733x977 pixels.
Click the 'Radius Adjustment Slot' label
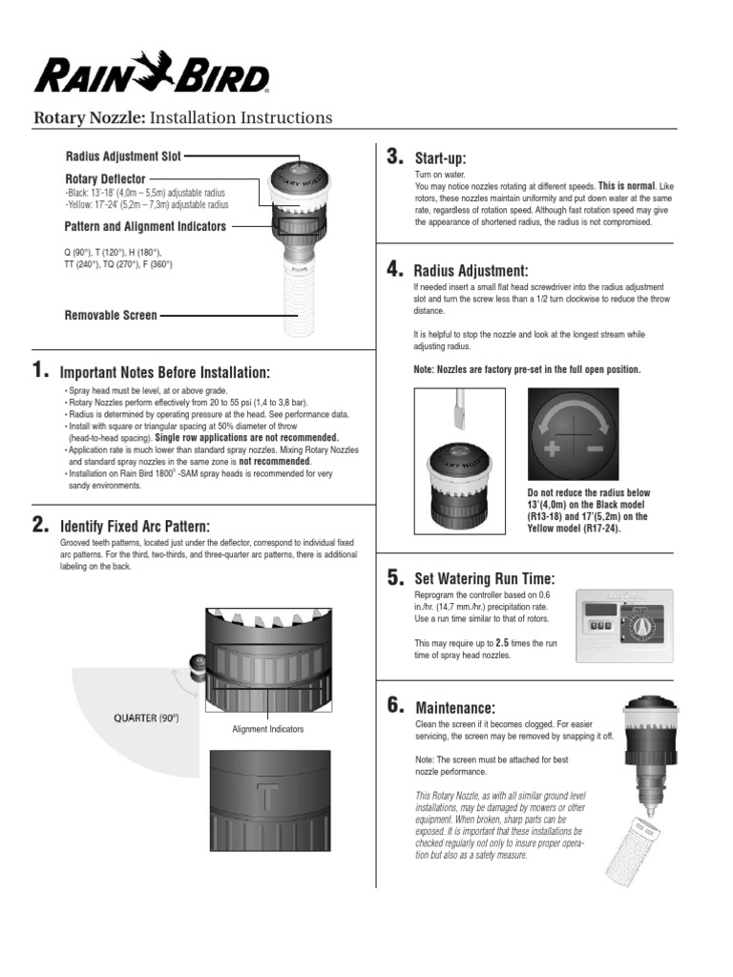pos(123,156)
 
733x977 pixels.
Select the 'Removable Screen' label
pos(111,315)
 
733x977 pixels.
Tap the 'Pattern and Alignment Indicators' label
pos(145,227)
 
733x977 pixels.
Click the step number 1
pos(39,370)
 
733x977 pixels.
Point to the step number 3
pos(394,156)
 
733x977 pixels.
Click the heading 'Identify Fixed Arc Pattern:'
pos(135,527)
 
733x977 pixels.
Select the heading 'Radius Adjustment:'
pos(471,271)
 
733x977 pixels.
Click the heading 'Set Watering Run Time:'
pos(484,579)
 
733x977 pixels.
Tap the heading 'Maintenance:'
pos(455,708)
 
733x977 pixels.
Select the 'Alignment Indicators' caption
pos(268,729)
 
